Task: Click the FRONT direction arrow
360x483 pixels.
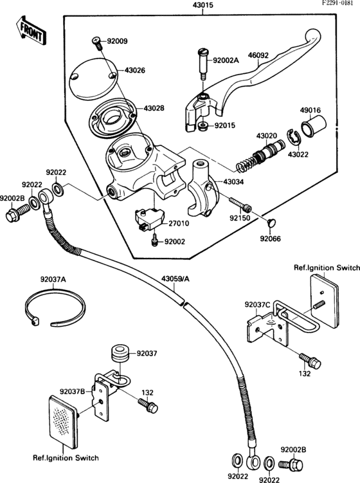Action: (x=29, y=30)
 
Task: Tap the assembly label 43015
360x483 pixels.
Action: (x=203, y=6)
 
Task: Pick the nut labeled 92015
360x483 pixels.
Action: (x=203, y=125)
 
